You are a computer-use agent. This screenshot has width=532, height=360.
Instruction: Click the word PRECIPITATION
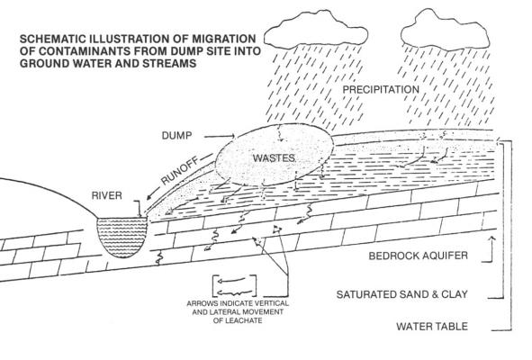click(381, 90)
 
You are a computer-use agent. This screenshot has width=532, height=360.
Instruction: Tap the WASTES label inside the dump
click(275, 157)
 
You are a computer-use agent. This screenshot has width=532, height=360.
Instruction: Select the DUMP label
click(176, 136)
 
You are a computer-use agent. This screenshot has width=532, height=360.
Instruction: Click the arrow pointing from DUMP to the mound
click(220, 137)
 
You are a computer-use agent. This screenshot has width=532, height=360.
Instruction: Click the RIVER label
click(106, 195)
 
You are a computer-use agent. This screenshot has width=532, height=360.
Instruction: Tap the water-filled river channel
click(122, 237)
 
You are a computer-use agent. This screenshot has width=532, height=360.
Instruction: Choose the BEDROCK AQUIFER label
click(418, 256)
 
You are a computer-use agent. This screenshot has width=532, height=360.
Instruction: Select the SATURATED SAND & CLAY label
click(402, 294)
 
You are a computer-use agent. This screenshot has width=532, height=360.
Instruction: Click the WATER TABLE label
click(432, 327)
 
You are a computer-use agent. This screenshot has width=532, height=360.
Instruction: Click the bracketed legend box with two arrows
click(234, 285)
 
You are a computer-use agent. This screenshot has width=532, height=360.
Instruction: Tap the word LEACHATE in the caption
click(238, 320)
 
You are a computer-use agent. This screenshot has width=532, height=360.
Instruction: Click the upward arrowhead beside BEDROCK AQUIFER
click(491, 239)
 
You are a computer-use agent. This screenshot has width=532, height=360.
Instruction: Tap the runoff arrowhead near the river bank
click(149, 197)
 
